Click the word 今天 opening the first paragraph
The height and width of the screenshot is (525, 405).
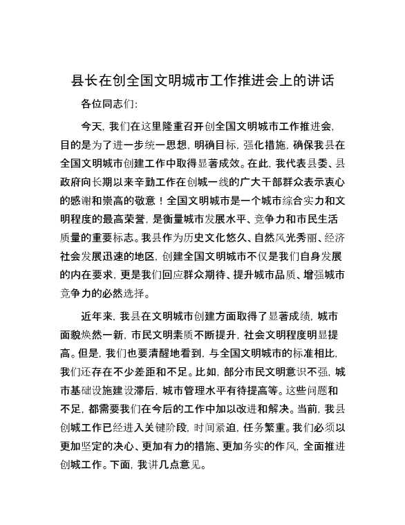[x=91, y=127]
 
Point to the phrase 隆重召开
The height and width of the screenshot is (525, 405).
[x=186, y=127]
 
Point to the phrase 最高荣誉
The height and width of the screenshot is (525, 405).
[x=120, y=219]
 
